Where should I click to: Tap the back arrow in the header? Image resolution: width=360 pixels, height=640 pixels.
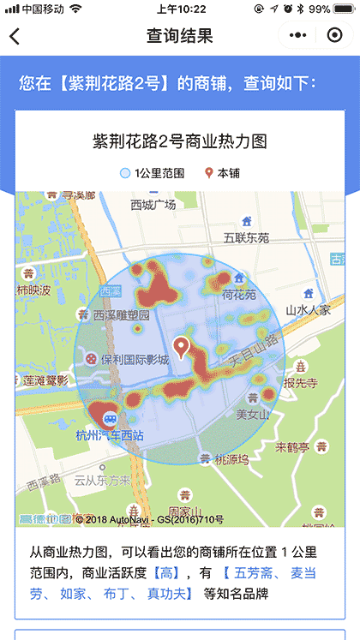(15, 36)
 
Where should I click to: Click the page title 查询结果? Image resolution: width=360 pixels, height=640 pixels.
(179, 36)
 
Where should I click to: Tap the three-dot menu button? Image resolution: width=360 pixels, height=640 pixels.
(297, 36)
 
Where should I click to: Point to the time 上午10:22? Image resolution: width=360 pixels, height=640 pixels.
(180, 9)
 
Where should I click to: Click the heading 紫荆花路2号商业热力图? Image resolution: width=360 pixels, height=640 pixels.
(180, 141)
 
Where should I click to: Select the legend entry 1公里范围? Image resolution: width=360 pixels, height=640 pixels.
(153, 173)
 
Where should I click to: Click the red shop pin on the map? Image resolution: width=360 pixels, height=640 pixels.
(180, 347)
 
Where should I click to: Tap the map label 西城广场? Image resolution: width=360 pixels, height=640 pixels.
(153, 205)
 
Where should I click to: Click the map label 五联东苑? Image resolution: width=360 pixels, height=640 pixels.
(246, 237)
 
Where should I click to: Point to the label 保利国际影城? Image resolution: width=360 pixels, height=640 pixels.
(133, 360)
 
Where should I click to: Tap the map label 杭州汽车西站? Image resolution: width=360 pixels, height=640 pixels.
(109, 436)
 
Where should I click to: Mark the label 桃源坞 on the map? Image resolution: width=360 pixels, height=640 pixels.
(231, 459)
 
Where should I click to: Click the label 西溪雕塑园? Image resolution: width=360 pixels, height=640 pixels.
(121, 316)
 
